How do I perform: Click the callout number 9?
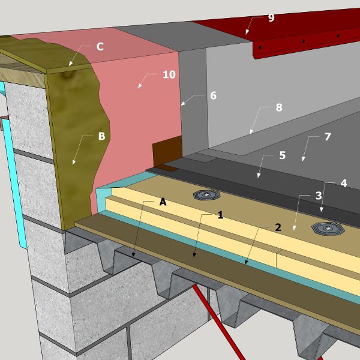271,17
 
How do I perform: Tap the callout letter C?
100,47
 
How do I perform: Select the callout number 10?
169,74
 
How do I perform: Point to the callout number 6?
213,95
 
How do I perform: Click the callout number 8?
279,107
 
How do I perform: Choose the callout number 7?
328,137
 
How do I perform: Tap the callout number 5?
283,155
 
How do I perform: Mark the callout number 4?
344,183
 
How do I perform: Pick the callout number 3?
319,196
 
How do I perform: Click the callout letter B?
102,136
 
